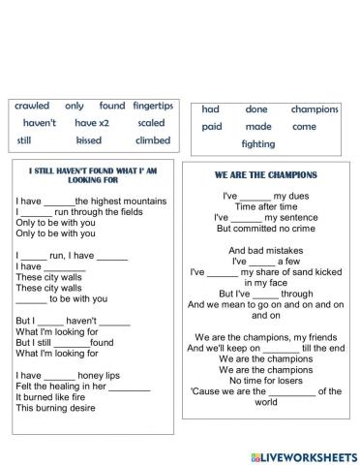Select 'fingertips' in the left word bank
point(153,106)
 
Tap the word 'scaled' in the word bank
point(151,123)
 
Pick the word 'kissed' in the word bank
point(88,140)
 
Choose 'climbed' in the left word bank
point(153,140)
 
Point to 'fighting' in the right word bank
point(258,144)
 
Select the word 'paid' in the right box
point(212,127)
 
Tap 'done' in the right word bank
point(256,109)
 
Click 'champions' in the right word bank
point(315,109)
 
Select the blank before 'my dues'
point(255,196)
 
